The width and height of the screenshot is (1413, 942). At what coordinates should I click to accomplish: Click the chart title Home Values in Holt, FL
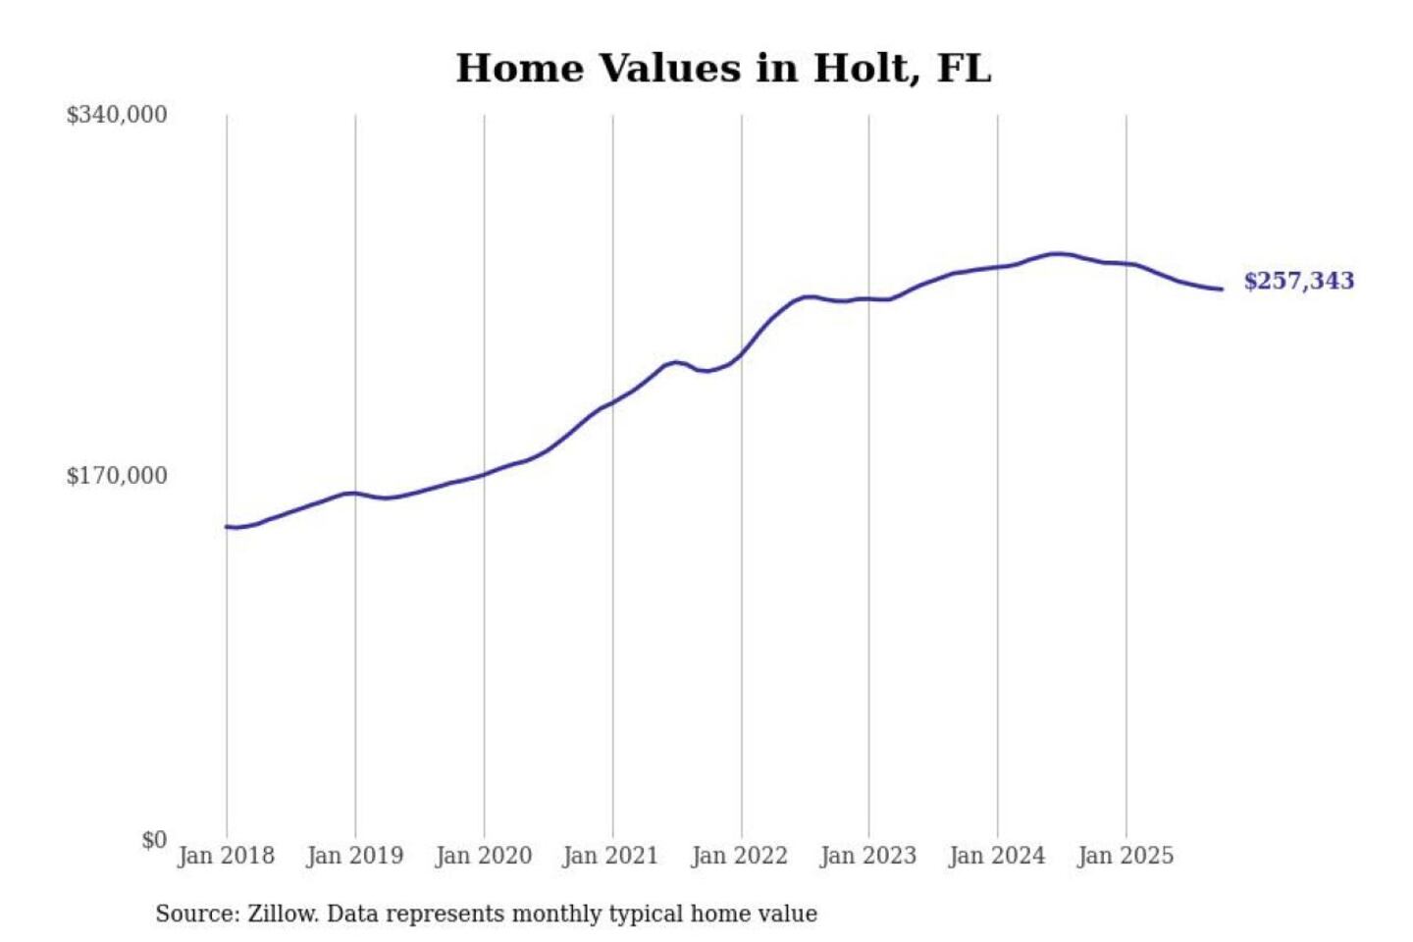tap(723, 69)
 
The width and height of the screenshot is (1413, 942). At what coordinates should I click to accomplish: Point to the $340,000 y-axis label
tap(117, 115)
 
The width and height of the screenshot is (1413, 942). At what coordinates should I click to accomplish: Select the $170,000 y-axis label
tap(117, 476)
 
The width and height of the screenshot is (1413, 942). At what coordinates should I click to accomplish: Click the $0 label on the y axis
tap(154, 840)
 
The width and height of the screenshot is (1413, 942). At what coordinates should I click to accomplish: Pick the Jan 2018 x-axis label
tap(226, 856)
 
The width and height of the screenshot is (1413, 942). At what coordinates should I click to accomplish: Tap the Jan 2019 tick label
tap(354, 856)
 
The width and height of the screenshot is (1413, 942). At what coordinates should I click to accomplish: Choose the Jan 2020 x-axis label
tap(483, 856)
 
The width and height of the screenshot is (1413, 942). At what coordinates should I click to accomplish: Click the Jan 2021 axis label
tap(610, 856)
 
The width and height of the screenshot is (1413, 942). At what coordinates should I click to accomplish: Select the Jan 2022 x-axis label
tap(739, 856)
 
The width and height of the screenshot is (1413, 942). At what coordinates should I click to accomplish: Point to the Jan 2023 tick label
tap(867, 856)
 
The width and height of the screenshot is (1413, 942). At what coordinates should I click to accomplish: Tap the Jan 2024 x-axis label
tap(996, 856)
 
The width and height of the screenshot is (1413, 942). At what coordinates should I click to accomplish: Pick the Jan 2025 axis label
tap(1125, 856)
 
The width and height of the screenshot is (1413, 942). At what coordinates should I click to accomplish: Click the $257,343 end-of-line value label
tap(1298, 281)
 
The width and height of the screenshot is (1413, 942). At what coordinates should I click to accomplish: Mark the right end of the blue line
tap(1222, 288)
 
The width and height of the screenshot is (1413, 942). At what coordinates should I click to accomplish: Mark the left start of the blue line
tap(227, 527)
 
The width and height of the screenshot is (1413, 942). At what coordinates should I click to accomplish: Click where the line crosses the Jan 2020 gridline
tap(484, 474)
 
